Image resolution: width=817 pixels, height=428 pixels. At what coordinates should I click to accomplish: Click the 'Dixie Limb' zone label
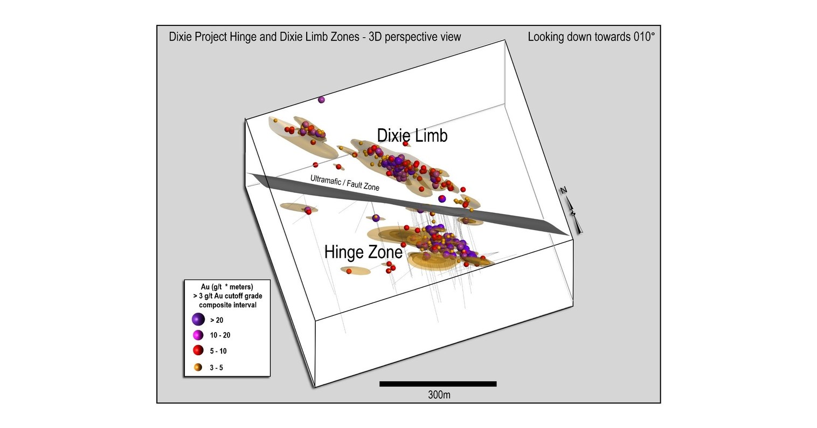tap(412, 136)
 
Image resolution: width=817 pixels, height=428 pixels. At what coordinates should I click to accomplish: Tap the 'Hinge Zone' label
tap(363, 252)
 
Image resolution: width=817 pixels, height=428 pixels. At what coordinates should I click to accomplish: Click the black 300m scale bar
tap(438, 384)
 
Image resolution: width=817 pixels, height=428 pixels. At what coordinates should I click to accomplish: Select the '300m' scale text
tap(439, 395)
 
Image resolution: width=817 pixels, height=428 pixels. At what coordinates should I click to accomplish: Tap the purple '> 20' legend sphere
tap(198, 319)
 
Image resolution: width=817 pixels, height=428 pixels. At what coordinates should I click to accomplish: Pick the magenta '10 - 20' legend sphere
tap(198, 335)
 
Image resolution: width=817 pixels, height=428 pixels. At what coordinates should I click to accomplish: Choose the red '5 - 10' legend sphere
tap(198, 351)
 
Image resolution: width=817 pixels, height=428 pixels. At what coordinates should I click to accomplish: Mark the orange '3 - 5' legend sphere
tap(198, 367)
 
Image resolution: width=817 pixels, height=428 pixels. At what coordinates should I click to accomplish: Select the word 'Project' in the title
tap(213, 37)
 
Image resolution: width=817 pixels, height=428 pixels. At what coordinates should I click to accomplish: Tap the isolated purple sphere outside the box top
tap(322, 100)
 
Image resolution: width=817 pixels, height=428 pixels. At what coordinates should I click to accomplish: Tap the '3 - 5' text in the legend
tap(216, 368)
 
